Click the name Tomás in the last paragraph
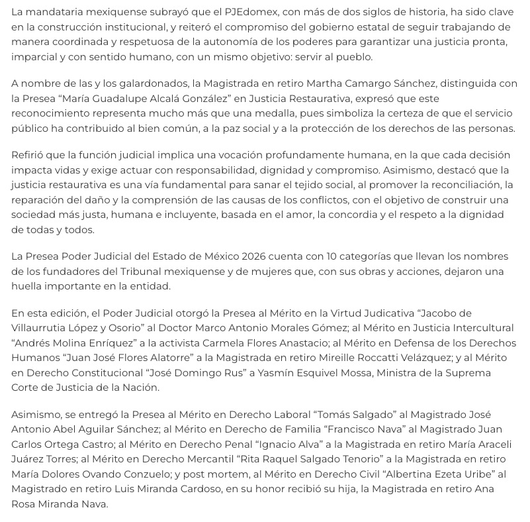303,415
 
